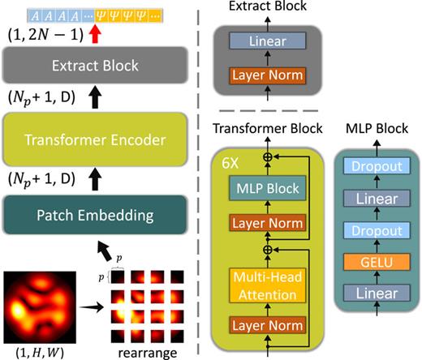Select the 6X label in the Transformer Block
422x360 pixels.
pyautogui.click(x=228, y=160)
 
